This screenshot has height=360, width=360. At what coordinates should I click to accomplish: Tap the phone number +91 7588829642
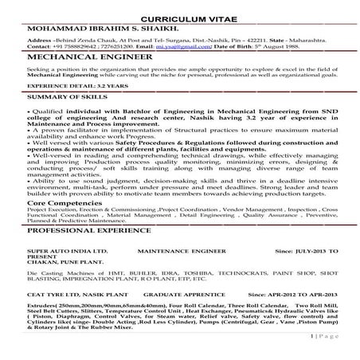click(76, 46)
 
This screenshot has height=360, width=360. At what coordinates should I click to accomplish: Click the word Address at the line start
click(41, 39)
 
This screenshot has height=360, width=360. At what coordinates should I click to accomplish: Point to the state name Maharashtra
click(317, 39)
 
